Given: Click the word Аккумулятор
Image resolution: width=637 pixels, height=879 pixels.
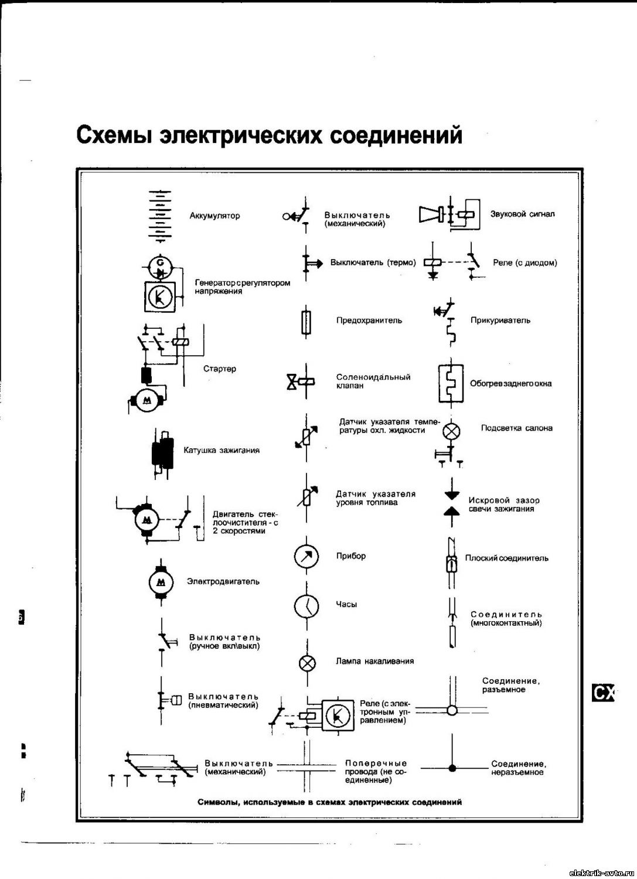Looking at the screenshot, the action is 214,216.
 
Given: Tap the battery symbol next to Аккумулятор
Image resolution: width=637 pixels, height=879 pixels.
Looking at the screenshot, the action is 160,216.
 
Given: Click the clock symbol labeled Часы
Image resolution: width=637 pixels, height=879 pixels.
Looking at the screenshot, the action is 306,606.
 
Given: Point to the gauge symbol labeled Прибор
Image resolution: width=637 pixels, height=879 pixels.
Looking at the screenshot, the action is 306,557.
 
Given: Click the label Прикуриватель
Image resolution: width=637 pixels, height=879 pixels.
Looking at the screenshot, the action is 500,321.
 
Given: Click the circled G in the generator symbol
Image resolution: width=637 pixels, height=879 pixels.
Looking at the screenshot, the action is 160,261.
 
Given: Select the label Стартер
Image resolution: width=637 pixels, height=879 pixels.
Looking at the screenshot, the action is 220,369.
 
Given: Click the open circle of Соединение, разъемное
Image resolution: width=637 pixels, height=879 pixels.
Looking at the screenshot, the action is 452,710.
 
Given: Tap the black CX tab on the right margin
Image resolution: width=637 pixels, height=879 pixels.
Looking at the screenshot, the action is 602,693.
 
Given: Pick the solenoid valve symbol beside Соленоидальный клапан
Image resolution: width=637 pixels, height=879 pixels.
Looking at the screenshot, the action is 301,381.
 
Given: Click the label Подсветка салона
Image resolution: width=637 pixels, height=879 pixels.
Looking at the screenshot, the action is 517,428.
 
